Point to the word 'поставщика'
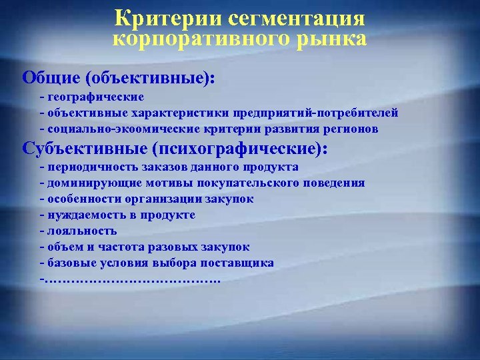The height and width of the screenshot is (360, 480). click(x=240, y=263)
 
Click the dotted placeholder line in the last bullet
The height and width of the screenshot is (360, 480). click(x=133, y=279)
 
